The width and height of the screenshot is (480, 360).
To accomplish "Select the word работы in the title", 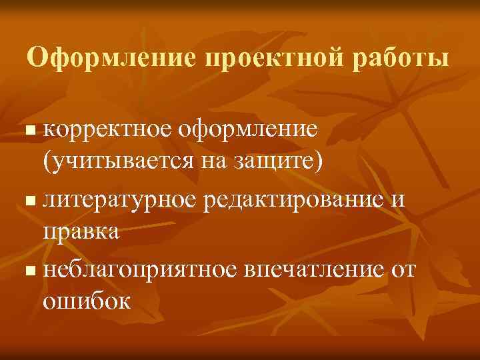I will point(399,58).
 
